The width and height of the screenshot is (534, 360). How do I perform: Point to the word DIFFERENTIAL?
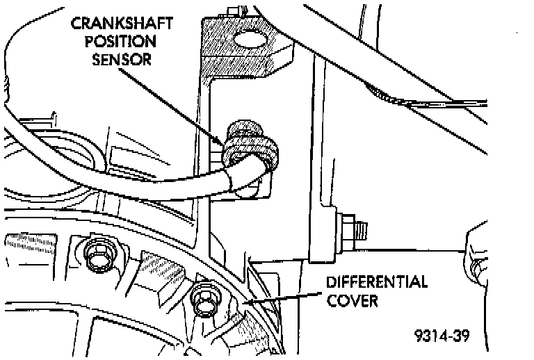click(x=376, y=282)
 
